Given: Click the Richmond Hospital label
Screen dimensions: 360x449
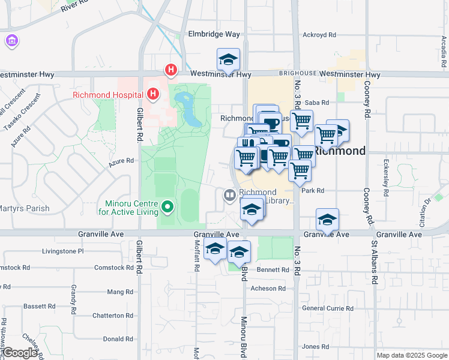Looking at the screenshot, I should [x=107, y=95].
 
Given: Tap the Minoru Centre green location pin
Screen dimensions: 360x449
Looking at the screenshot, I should [x=167, y=208].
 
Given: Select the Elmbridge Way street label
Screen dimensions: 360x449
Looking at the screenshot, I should [x=213, y=34].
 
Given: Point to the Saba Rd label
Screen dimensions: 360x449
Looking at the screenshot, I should [x=318, y=103].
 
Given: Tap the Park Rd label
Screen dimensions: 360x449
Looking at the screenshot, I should [x=313, y=191].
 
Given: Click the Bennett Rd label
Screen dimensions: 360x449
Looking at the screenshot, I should [x=273, y=270].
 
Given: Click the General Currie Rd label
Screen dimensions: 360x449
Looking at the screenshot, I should [x=328, y=308].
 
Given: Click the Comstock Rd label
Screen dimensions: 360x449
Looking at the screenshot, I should [x=113, y=268].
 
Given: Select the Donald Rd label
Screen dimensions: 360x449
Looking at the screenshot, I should [x=118, y=339].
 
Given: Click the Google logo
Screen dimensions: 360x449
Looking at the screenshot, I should [x=20, y=353].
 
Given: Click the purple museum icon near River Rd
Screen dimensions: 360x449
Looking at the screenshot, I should [x=11, y=41].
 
